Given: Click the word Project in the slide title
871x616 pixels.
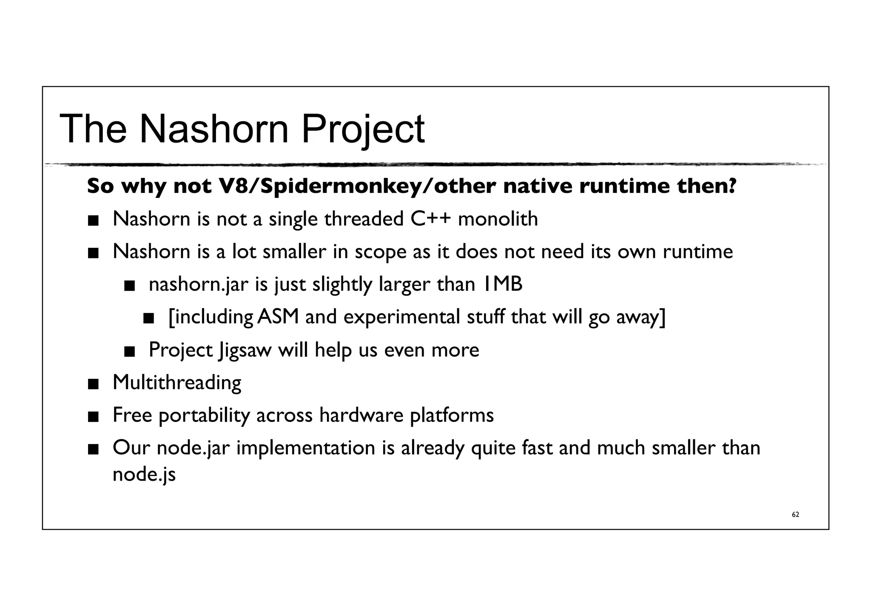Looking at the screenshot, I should coord(363,129).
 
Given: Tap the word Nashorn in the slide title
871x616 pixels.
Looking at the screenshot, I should coord(214,129).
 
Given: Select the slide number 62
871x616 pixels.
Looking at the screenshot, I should coord(795,515).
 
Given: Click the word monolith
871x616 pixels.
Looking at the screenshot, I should coord(498,219).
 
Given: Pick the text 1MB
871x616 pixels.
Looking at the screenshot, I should coord(502,284).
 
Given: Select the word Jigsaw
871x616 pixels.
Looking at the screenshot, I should coord(245,350).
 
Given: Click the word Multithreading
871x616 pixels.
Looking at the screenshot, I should coord(177,383).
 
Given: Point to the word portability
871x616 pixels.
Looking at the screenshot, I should coord(204,415).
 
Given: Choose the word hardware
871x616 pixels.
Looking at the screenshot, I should coord(361,415).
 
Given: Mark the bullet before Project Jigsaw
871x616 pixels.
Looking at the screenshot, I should coord(129,352).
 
